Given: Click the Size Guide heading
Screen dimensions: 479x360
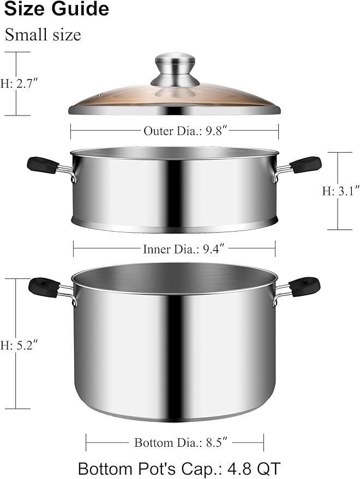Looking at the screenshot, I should [57, 9].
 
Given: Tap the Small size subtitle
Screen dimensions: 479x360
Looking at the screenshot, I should [43, 35].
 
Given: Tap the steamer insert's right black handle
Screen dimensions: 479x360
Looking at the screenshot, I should [305, 163].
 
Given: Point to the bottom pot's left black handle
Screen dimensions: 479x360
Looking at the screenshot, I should [44, 285].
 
